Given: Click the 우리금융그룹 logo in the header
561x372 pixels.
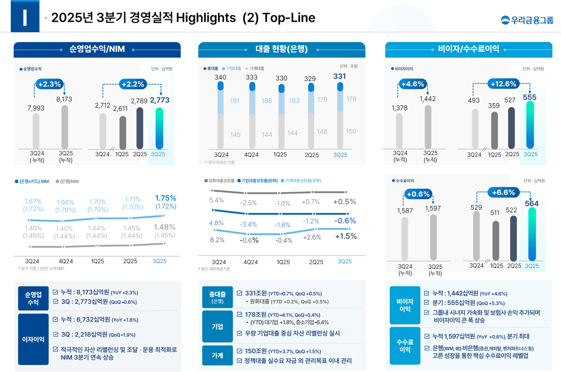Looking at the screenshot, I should (527, 20).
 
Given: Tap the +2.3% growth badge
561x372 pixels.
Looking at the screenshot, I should (50, 84).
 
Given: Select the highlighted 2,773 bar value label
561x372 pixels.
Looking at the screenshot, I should (159, 100).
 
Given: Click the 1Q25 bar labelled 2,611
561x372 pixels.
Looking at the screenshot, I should (122, 133).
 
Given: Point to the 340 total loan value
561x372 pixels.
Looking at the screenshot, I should (221, 77).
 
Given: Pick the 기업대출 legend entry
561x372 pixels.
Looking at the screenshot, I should (232, 69).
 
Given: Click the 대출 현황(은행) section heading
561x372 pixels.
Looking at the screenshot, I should (281, 49).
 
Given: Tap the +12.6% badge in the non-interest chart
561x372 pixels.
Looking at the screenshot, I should (503, 84).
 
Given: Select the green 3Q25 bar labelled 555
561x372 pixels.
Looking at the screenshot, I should (530, 125).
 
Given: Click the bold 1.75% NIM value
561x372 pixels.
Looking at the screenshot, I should (165, 198).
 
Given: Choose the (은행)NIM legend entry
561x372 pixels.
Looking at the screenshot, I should (67, 181).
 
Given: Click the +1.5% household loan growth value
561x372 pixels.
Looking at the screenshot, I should (345, 236).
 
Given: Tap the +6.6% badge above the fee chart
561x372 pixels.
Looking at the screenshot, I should (503, 193).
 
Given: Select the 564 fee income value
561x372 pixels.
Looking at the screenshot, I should (532, 203).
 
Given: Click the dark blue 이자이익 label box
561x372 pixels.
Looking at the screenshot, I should (33, 339).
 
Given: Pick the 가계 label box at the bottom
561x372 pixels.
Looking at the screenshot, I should (217, 356).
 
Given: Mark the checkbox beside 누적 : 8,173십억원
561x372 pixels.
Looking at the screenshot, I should (56, 293).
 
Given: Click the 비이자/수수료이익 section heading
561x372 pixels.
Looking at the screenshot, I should (468, 49).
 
